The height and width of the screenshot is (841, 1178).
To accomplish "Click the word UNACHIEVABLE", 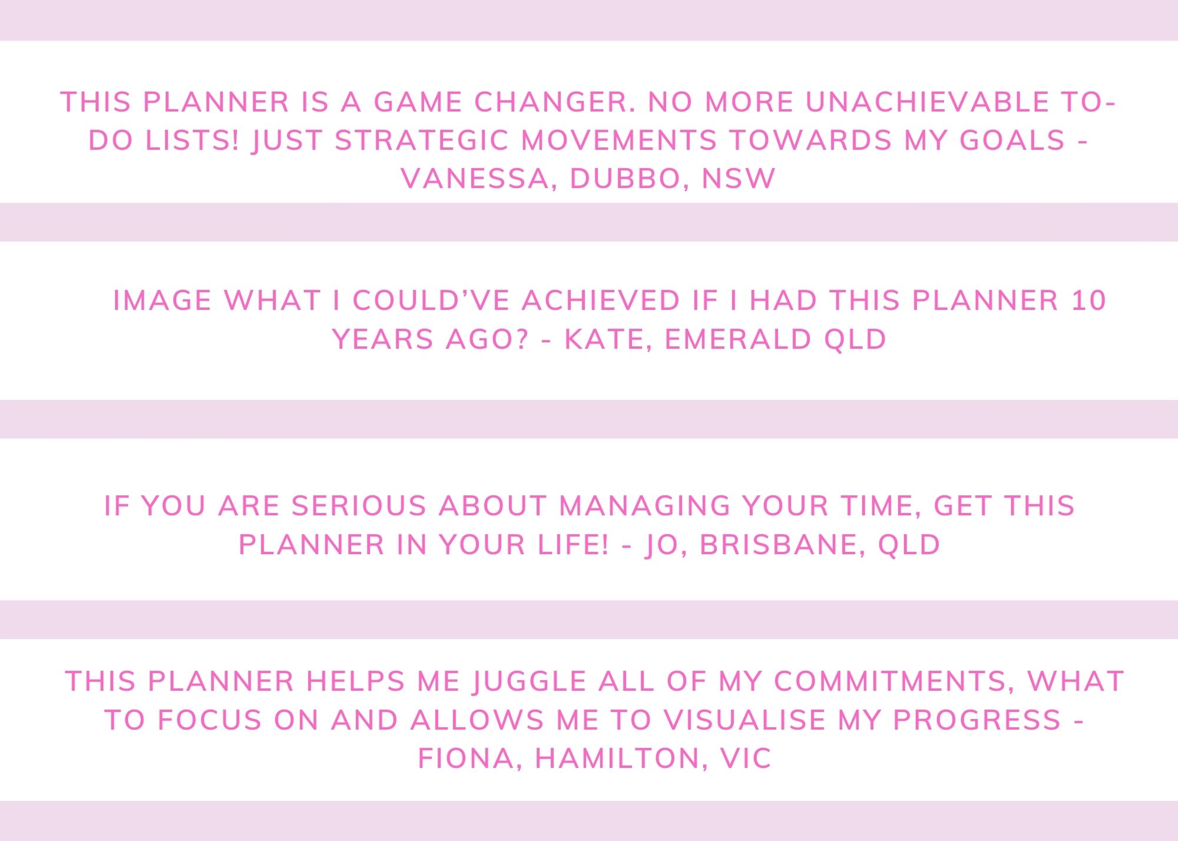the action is tap(928, 102).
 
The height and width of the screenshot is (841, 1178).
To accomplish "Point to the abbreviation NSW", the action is tap(739, 178).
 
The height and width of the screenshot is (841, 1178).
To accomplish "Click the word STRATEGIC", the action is tap(422, 140).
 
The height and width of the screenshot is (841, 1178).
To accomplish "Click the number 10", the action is tap(1088, 300).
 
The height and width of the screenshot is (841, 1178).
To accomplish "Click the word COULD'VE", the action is tap(431, 300).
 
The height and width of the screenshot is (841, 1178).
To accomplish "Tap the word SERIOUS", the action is tap(359, 506).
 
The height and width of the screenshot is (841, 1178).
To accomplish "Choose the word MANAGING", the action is tap(644, 506).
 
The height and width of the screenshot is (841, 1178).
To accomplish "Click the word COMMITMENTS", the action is tap(889, 681).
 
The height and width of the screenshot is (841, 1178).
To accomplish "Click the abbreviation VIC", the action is tap(745, 758).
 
